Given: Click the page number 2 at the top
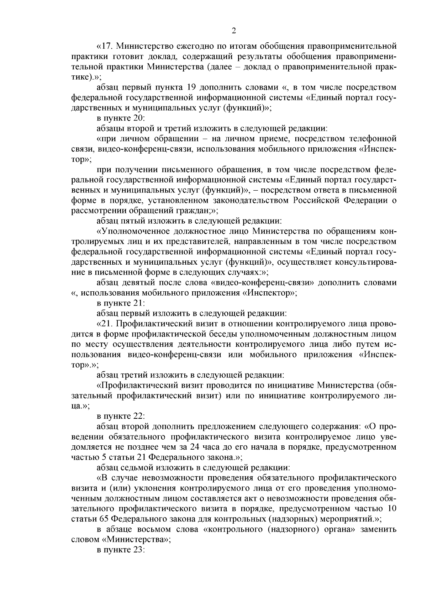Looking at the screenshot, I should click(x=234, y=31).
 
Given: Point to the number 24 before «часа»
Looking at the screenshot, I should click(x=220, y=447).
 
